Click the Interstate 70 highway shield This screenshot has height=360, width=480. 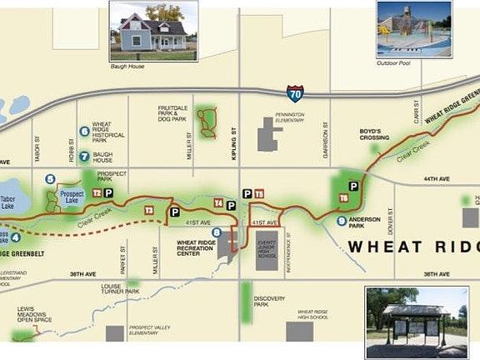[x=295, y=94]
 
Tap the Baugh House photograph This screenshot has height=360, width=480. [x=153, y=30]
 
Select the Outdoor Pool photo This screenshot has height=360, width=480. [x=413, y=29]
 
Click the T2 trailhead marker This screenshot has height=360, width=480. [x=97, y=192]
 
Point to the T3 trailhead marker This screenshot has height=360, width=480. [x=149, y=210]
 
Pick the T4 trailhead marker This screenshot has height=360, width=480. [x=218, y=202]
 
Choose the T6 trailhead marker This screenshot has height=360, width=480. [x=343, y=198]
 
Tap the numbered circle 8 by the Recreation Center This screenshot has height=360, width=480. [x=217, y=232]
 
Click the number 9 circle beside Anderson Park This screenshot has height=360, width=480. [x=341, y=221]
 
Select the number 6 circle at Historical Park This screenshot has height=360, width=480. [x=84, y=131]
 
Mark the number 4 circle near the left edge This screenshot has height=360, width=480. [x=15, y=238]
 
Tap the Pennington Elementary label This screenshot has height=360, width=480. [x=287, y=117]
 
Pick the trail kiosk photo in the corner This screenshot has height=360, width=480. [x=416, y=322]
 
